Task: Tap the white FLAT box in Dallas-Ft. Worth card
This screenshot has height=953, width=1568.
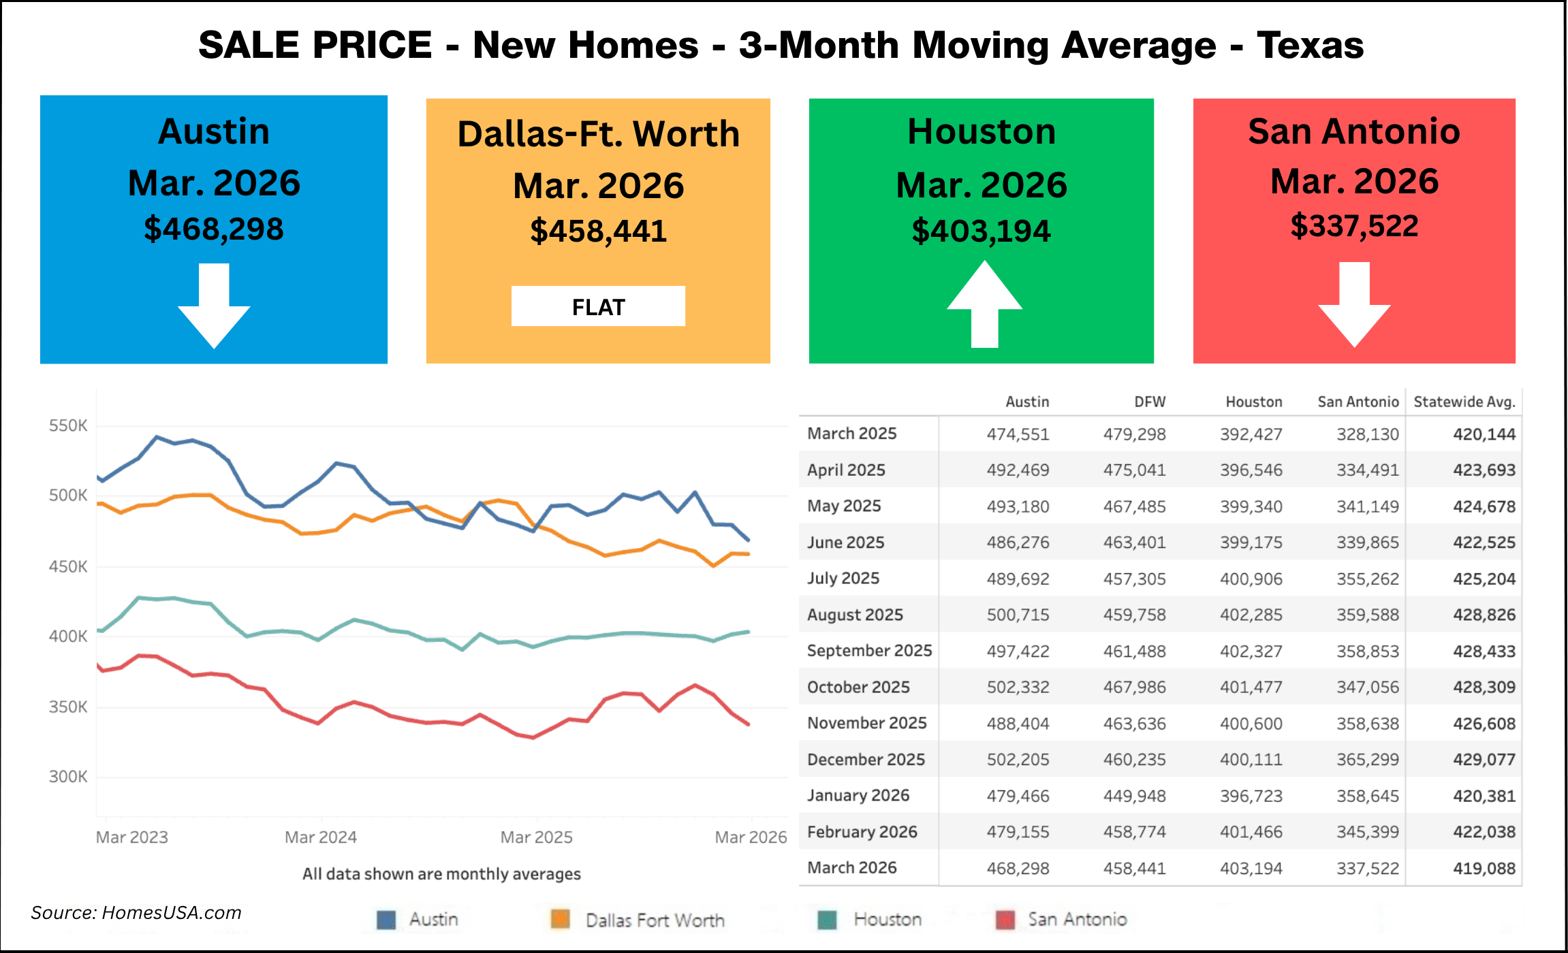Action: pos(598,306)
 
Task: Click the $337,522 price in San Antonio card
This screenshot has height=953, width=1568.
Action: pos(1354,226)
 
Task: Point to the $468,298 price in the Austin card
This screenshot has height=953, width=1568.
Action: pos(214,229)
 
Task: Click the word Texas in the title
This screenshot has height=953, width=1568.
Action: pos(1310,46)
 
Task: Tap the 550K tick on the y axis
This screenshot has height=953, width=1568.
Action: pos(68,426)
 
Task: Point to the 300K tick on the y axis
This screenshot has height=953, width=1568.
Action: pos(68,777)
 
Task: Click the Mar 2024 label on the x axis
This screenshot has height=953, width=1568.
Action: pos(321,837)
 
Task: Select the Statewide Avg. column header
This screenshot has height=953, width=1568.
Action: pos(1464,402)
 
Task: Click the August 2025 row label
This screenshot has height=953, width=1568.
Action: pos(855,615)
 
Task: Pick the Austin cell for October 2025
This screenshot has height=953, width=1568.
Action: pos(1018,688)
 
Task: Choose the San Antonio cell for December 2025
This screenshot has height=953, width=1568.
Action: pos(1367,760)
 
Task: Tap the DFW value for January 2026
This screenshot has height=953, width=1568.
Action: pos(1134,796)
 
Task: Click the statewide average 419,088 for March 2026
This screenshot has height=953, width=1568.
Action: pos(1484,869)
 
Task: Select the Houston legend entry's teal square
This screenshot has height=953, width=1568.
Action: pos(827,920)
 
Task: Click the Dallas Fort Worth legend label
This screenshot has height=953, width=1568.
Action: pos(655,920)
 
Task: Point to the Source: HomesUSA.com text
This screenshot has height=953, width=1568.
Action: pos(136,913)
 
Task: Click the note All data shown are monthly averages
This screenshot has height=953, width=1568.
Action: pos(441,874)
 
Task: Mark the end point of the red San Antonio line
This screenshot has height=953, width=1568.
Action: pos(749,724)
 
